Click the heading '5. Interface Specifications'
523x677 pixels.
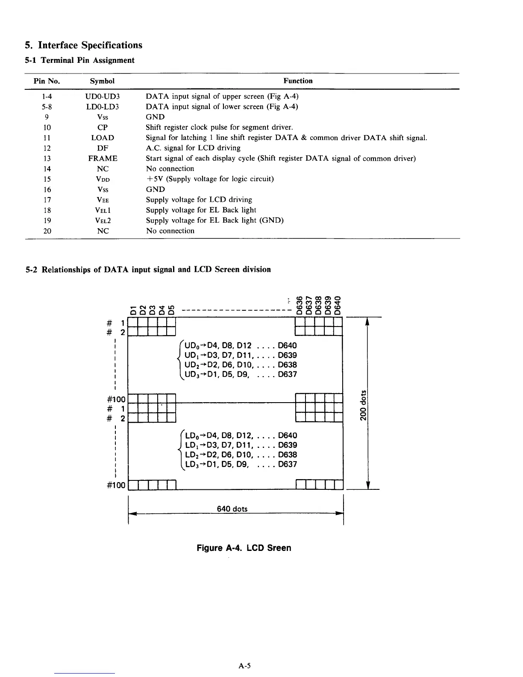pos(83,45)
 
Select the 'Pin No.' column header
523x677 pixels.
pos(47,81)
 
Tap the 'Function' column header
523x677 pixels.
pos(298,81)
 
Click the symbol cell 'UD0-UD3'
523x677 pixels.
pos(103,97)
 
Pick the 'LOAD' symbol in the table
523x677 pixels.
pos(103,138)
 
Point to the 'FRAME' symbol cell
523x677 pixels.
pos(103,159)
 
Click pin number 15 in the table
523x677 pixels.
pos(47,179)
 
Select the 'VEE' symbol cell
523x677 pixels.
pos(103,200)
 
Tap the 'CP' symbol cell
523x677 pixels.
pos(103,127)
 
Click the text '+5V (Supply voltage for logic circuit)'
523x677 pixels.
pos(210,179)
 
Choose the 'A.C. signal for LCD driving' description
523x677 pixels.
pos(193,148)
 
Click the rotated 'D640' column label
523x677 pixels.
pos(338,305)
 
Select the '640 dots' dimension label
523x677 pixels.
pos(232,509)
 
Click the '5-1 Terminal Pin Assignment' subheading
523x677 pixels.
pos(80,60)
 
